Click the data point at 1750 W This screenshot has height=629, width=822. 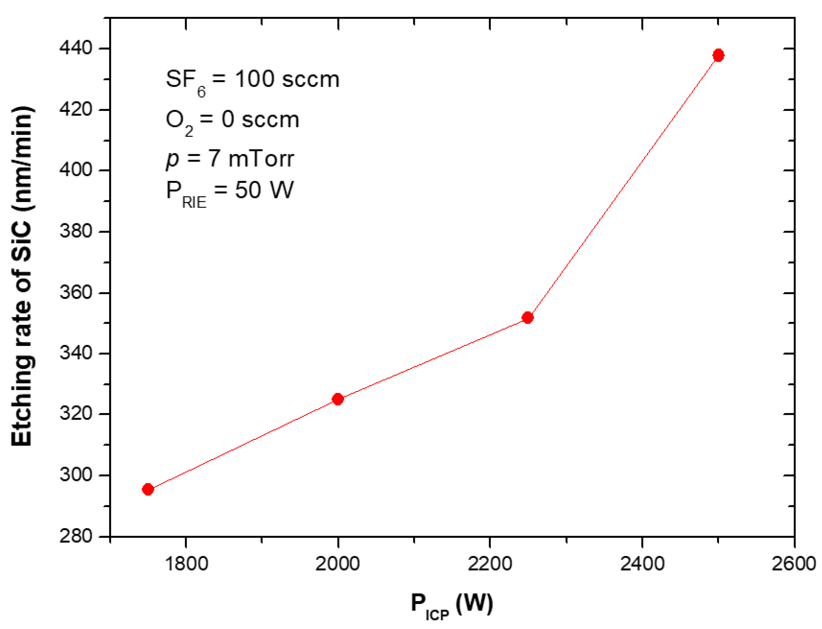pos(147,489)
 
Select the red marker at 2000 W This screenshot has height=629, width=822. pos(337,399)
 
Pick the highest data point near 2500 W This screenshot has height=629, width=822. pos(718,55)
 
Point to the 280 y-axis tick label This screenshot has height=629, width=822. pos(76,536)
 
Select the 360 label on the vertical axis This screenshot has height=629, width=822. pos(76,292)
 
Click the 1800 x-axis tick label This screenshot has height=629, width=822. pos(186,564)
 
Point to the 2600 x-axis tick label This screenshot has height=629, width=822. pos(793,564)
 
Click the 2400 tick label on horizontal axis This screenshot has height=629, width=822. pos(642,564)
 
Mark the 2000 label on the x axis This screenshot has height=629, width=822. pos(337,564)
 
